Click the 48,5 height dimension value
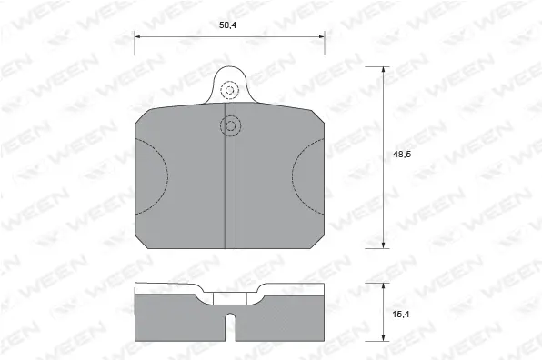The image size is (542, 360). [398, 155]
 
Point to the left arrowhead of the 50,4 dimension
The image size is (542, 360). [137, 36]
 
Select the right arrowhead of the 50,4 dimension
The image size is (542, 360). [322, 36]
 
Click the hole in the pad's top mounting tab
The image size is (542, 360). [229, 90]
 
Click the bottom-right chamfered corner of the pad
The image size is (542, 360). [318, 242]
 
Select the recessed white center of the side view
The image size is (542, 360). [229, 295]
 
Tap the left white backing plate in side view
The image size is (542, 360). [164, 290]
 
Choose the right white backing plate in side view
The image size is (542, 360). [296, 290]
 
